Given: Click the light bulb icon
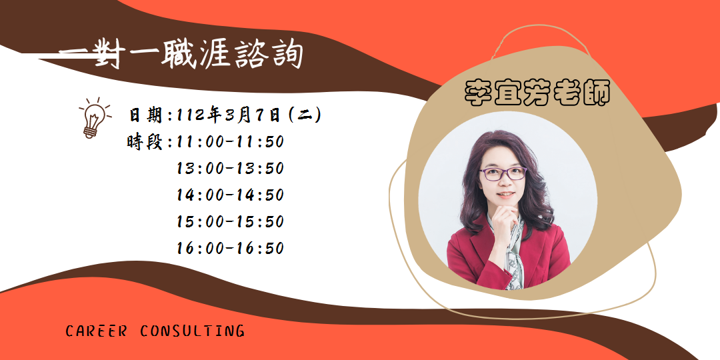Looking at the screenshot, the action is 95,117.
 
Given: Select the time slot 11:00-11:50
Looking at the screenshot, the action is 230,142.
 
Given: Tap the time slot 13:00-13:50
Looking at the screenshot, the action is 230,169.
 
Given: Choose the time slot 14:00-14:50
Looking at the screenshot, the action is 230,195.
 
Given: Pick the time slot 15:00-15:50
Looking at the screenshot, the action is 230,222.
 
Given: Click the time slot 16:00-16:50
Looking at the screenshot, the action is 230,249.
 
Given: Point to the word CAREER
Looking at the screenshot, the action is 96,331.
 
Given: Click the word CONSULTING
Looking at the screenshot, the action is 193,331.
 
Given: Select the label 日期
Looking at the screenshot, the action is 145,115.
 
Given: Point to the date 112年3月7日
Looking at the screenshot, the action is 228,115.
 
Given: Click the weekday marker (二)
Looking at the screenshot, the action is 303,115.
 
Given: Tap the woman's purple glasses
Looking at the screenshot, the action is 503,173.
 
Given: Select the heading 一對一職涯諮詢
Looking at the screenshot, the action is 181,56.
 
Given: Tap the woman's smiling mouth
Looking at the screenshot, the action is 505,195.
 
